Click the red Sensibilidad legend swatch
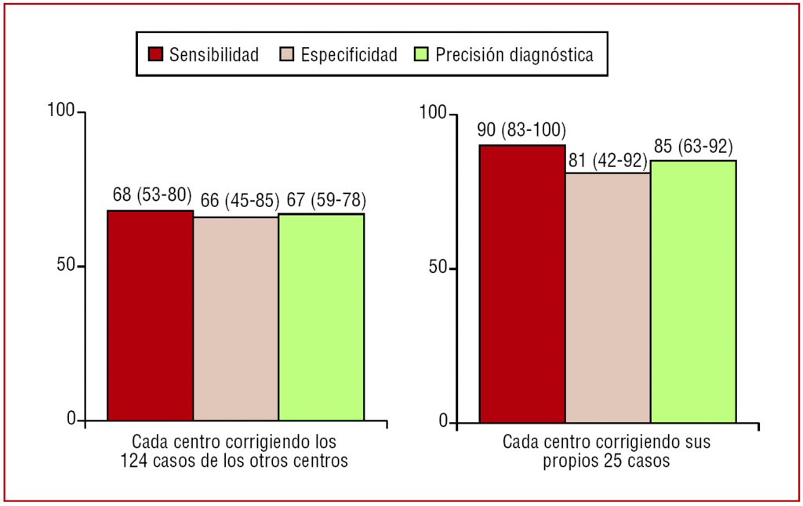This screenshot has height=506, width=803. point(155,54)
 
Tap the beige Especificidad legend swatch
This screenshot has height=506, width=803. point(286,54)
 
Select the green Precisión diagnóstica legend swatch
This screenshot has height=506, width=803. point(420,54)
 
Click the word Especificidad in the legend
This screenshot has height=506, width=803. point(349,54)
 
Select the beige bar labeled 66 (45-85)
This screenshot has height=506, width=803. point(236,319)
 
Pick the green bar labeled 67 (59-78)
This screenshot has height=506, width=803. point(322,317)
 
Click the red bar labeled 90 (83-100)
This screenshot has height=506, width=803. point(522,283)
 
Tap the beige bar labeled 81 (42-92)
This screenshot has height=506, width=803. point(608,297)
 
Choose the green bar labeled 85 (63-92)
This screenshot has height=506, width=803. point(693,291)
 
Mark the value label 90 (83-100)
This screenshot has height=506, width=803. point(522,130)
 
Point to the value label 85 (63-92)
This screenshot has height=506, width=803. point(693,147)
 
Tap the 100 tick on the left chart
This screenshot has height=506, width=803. point(61,111)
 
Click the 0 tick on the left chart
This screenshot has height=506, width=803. point(71,420)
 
